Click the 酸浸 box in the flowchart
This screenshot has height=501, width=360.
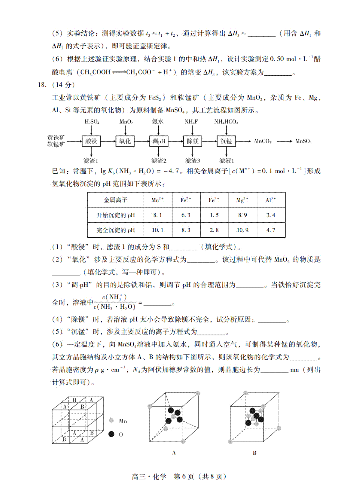click(x=91, y=141)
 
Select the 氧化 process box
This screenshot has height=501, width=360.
click(x=125, y=141)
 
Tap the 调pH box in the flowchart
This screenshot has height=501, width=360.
click(x=159, y=141)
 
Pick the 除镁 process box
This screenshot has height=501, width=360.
click(x=193, y=141)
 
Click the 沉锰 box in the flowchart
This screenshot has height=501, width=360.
click(x=226, y=141)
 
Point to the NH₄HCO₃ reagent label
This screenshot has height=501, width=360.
click(x=226, y=121)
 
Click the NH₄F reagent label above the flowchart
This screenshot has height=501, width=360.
click(x=191, y=121)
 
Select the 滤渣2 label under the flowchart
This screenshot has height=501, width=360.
click(x=159, y=161)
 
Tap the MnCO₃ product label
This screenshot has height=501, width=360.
click(x=263, y=141)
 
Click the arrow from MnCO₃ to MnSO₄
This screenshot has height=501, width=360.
click(x=284, y=141)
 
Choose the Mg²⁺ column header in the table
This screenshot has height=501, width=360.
click(x=242, y=200)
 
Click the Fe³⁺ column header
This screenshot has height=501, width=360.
click(x=214, y=200)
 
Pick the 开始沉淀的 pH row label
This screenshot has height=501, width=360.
click(x=115, y=215)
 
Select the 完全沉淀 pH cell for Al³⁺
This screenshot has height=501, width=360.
click(x=271, y=230)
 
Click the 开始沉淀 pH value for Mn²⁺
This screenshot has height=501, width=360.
click(x=157, y=215)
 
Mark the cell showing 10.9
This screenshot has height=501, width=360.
click(x=242, y=230)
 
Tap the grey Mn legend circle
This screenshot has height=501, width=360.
click(x=112, y=421)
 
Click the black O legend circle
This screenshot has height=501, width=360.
click(x=112, y=434)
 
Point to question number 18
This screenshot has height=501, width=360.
click(x=42, y=85)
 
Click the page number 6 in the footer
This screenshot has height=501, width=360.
click(x=184, y=476)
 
